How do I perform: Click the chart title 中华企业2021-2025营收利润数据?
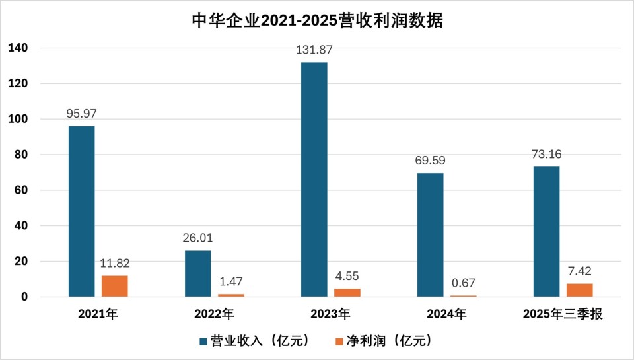pos(317,20)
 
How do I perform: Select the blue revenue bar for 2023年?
pos(314,179)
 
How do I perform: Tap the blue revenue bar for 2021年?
pos(81,211)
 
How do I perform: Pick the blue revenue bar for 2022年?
pos(197,273)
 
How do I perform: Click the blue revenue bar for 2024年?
pos(430,234)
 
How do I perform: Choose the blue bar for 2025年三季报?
pos(546,231)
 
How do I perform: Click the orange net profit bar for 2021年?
pos(115,286)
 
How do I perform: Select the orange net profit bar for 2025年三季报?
pos(580,290)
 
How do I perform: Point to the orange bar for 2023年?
pos(347,293)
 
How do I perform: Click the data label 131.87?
pos(314,49)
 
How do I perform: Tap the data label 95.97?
pos(82,113)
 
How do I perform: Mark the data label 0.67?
pos(464,283)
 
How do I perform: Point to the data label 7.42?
pos(580,271)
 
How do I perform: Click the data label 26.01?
pos(198,238)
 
